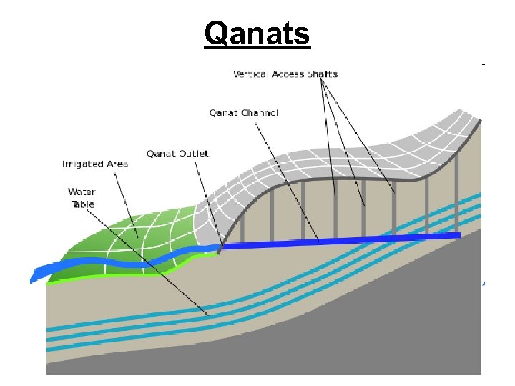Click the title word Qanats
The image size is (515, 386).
click(x=257, y=32)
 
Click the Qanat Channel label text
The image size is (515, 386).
click(x=244, y=112)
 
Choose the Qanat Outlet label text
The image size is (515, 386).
click(x=177, y=154)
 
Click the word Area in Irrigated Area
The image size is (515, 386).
click(x=117, y=164)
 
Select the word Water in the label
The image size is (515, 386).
click(x=82, y=192)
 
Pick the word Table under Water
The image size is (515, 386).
click(x=82, y=204)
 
